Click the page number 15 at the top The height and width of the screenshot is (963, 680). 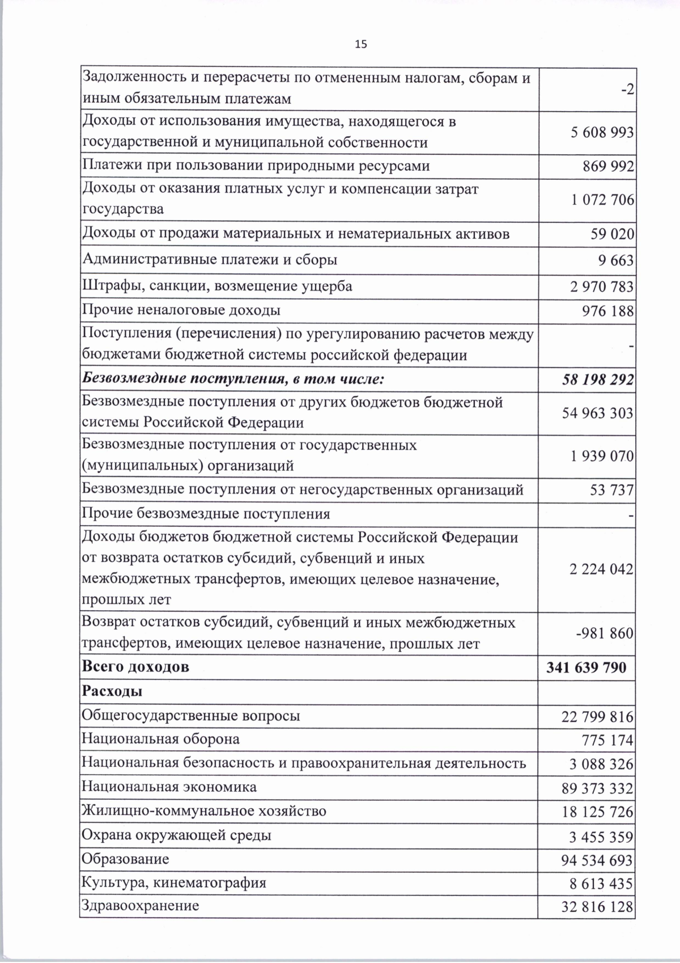pos(361,44)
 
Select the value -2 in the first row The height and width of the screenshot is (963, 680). pos(628,90)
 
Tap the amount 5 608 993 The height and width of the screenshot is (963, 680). pos(602,133)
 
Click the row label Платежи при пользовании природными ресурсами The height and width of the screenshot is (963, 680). pos(256,166)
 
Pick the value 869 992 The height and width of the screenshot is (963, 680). pos(608,167)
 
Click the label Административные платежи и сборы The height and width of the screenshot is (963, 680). pos(210,260)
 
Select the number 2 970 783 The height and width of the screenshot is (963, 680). pos(602,287)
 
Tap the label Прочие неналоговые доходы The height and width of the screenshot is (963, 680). pos(181,310)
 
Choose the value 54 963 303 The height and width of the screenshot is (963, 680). pos(597,413)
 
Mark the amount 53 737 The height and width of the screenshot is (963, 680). pos(611,490)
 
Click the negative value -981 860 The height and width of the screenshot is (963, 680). pos(604,633)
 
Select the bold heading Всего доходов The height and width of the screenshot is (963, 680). pos(136,666)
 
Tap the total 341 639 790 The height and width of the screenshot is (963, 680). pos(586,668)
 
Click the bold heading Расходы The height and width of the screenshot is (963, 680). pos(112,691)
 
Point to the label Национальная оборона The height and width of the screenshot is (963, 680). pos(161,739)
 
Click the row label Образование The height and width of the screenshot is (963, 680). pos(126,859)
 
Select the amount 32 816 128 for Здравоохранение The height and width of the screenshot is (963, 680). pos(597,907)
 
